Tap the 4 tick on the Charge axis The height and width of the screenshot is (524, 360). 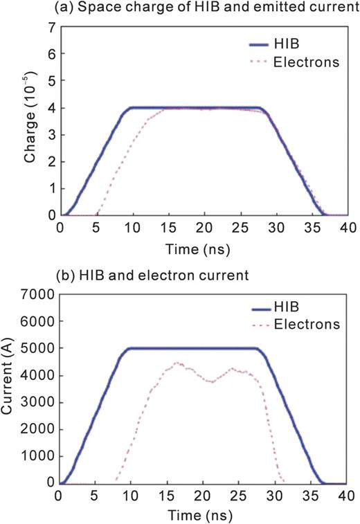tap(51, 108)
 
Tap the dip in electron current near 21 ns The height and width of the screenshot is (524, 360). tap(212, 382)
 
